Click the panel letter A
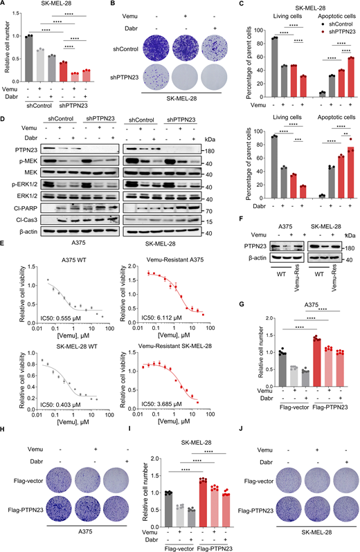tap(4, 5)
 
